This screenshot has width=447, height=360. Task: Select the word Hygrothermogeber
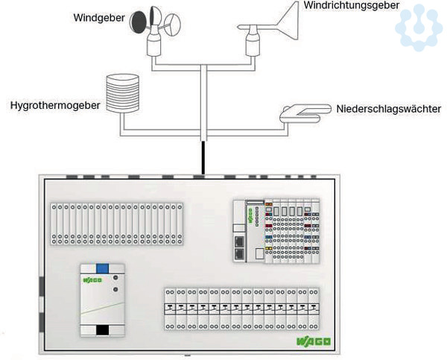tap(55, 106)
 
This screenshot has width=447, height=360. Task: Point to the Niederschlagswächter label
tap(389, 109)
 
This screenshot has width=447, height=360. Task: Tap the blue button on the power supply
tap(103, 268)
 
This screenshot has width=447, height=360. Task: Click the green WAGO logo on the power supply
tap(92, 280)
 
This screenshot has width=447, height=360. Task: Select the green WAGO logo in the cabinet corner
tap(313, 342)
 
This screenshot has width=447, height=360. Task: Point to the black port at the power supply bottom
tap(103, 329)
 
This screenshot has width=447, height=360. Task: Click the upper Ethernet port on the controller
tap(239, 241)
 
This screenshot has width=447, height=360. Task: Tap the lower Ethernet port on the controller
tap(239, 253)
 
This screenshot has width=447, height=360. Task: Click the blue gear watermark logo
tap(418, 27)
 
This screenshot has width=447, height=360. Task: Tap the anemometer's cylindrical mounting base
tap(155, 46)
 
